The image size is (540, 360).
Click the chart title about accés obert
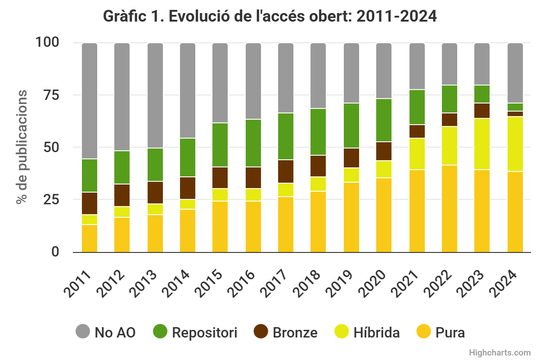tap(270, 16)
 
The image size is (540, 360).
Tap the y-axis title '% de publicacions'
tap(22, 147)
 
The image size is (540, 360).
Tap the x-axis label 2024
tap(505, 284)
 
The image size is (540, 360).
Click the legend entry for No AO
tap(105, 333)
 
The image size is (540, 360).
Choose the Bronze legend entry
tap(286, 333)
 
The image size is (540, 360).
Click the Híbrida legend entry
tap(367, 333)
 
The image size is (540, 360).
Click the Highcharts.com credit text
tap(499, 352)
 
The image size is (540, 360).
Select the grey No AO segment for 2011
tap(90, 101)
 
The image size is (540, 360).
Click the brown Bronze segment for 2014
tap(188, 188)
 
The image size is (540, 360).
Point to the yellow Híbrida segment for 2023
tap(482, 144)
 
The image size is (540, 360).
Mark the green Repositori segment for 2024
tap(515, 107)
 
